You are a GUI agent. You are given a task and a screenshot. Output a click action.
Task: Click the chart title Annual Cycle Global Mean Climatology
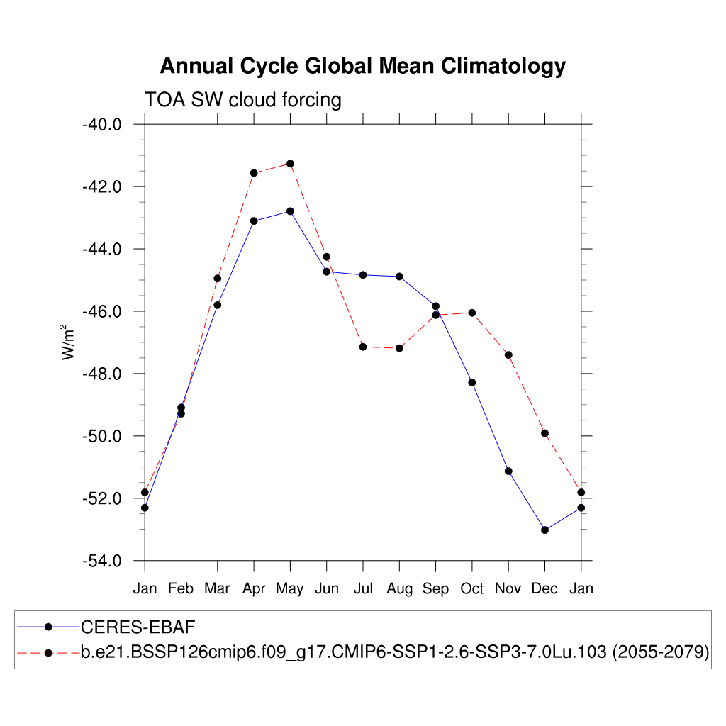click(x=362, y=66)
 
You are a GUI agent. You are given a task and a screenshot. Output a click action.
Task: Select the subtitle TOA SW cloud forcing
click(x=242, y=99)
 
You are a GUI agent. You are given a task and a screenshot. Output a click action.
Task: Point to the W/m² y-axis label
click(x=69, y=342)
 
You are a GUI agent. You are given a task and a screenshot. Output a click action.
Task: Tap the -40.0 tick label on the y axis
click(x=102, y=125)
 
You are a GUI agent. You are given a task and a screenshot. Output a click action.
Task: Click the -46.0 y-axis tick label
click(x=102, y=312)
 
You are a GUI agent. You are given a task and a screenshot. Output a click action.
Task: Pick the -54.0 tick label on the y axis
click(x=102, y=562)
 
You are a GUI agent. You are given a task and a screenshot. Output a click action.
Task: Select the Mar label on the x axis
click(x=217, y=588)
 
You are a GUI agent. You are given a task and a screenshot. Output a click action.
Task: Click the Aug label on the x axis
click(x=399, y=588)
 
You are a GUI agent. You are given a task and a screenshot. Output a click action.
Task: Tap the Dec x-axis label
click(x=544, y=588)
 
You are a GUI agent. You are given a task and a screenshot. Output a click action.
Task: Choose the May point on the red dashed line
click(x=290, y=164)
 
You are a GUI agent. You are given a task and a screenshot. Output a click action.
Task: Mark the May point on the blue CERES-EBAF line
click(x=290, y=211)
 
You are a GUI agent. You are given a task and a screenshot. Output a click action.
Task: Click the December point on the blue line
click(x=544, y=530)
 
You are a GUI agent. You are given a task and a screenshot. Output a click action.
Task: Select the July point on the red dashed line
click(x=363, y=347)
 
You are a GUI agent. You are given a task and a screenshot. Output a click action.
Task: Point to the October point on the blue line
click(x=472, y=383)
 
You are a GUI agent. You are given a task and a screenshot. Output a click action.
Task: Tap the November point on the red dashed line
click(x=508, y=354)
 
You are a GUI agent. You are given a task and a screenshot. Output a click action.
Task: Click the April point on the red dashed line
click(x=254, y=173)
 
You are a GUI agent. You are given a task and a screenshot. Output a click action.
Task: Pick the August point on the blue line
click(x=399, y=277)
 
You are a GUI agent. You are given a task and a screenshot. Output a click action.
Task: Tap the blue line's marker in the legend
click(x=48, y=627)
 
